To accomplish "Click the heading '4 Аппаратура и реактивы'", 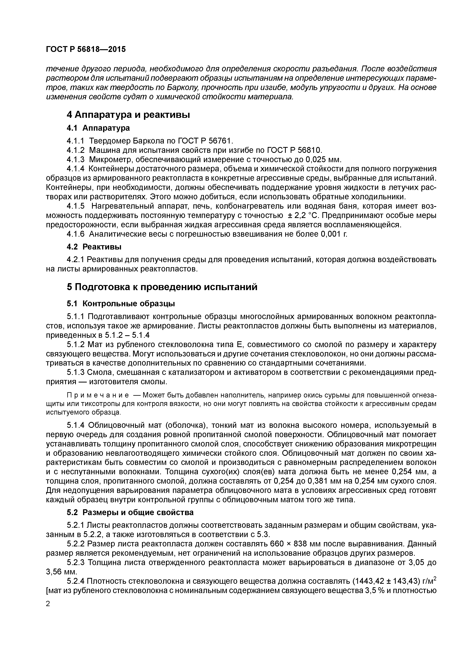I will point(128,115).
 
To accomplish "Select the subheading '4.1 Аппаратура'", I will point(98,128).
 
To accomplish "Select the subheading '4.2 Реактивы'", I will point(94,247).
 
